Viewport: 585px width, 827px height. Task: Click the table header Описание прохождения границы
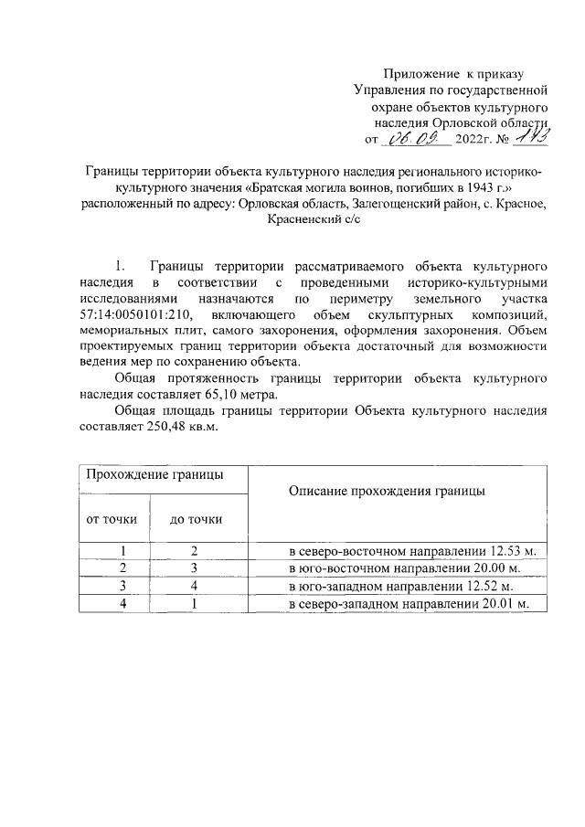click(x=386, y=491)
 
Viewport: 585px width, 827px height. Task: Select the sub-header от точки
click(x=112, y=519)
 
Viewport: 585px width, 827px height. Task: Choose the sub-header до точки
click(x=196, y=519)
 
